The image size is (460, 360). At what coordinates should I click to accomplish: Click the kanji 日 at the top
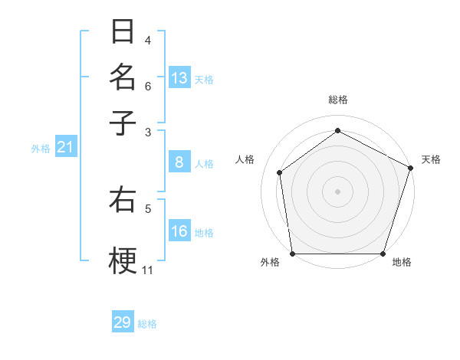point(123,32)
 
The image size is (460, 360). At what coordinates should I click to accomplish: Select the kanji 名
point(123,77)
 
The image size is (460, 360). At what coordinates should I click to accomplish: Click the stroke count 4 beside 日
point(148,41)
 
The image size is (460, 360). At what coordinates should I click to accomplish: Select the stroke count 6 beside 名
point(148,87)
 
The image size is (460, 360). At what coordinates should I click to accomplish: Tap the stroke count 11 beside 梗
point(148,270)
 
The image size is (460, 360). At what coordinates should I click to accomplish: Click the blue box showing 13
point(179,78)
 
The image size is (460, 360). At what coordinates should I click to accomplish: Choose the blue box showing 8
point(179,162)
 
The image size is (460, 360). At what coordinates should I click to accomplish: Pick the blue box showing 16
point(179,231)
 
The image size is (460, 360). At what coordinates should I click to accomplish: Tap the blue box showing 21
point(65,148)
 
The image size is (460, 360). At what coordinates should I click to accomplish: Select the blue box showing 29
point(123,322)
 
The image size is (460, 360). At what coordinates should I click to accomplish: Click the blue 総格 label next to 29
point(147,324)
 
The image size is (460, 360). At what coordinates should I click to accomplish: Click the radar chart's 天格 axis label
point(431,159)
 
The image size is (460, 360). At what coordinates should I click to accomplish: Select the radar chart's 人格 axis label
point(245,159)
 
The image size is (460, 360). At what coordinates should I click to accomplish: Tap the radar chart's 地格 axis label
point(402,262)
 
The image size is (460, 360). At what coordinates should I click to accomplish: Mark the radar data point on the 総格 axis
point(337,131)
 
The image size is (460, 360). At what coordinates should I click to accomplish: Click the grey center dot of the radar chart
point(337,191)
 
